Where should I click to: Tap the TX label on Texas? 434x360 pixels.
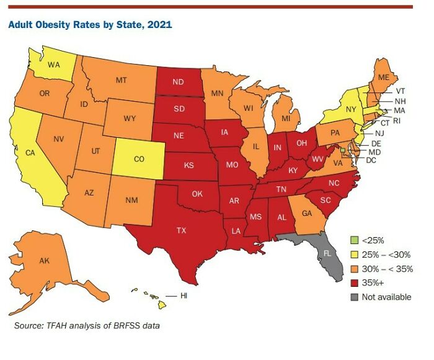(x=180, y=230)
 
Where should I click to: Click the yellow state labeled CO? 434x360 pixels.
(x=139, y=159)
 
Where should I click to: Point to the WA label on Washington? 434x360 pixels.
(x=54, y=64)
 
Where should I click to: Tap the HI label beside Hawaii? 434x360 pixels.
(x=184, y=295)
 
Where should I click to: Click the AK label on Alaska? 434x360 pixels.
(x=44, y=261)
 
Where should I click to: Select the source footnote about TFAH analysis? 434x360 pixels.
(x=87, y=325)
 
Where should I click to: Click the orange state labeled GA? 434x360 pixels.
(x=306, y=212)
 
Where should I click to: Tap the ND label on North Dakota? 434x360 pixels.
(x=178, y=82)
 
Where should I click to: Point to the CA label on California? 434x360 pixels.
(x=29, y=152)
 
